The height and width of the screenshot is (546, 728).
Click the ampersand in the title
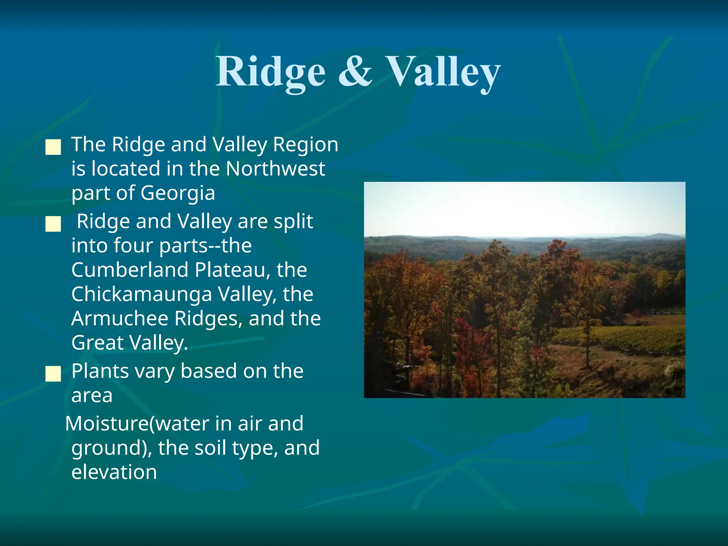point(355,72)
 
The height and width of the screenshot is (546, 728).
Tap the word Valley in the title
point(443,72)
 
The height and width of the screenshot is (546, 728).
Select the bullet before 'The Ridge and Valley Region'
point(53,147)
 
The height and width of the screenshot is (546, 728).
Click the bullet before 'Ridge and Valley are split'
point(53,224)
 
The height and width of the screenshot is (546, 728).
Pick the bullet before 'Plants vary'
point(53,374)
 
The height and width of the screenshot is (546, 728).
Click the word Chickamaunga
point(141,294)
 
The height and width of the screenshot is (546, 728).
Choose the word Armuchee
point(120,318)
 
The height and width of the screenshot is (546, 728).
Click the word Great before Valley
point(97,343)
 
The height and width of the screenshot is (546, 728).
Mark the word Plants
point(100,371)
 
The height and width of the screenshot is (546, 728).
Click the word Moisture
point(107,424)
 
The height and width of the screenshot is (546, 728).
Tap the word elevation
point(114,472)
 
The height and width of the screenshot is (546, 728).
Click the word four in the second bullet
point(133,246)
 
